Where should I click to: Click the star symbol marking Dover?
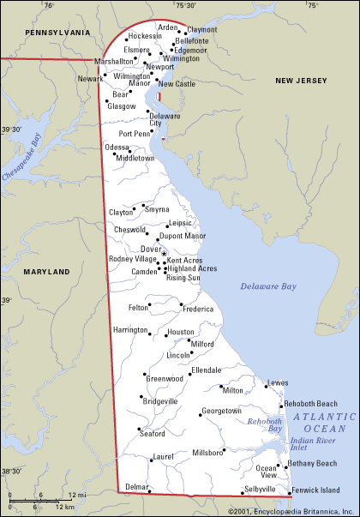point(164,253)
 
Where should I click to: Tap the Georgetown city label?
point(221,411)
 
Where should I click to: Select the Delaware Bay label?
point(267,286)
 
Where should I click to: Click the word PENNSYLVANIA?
point(57,31)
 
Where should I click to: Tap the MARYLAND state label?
point(46,271)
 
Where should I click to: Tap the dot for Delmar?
point(150,491)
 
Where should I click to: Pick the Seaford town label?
point(153,433)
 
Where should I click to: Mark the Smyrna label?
point(157,209)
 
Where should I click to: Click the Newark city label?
point(89,78)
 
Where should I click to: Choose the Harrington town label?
point(130,329)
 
